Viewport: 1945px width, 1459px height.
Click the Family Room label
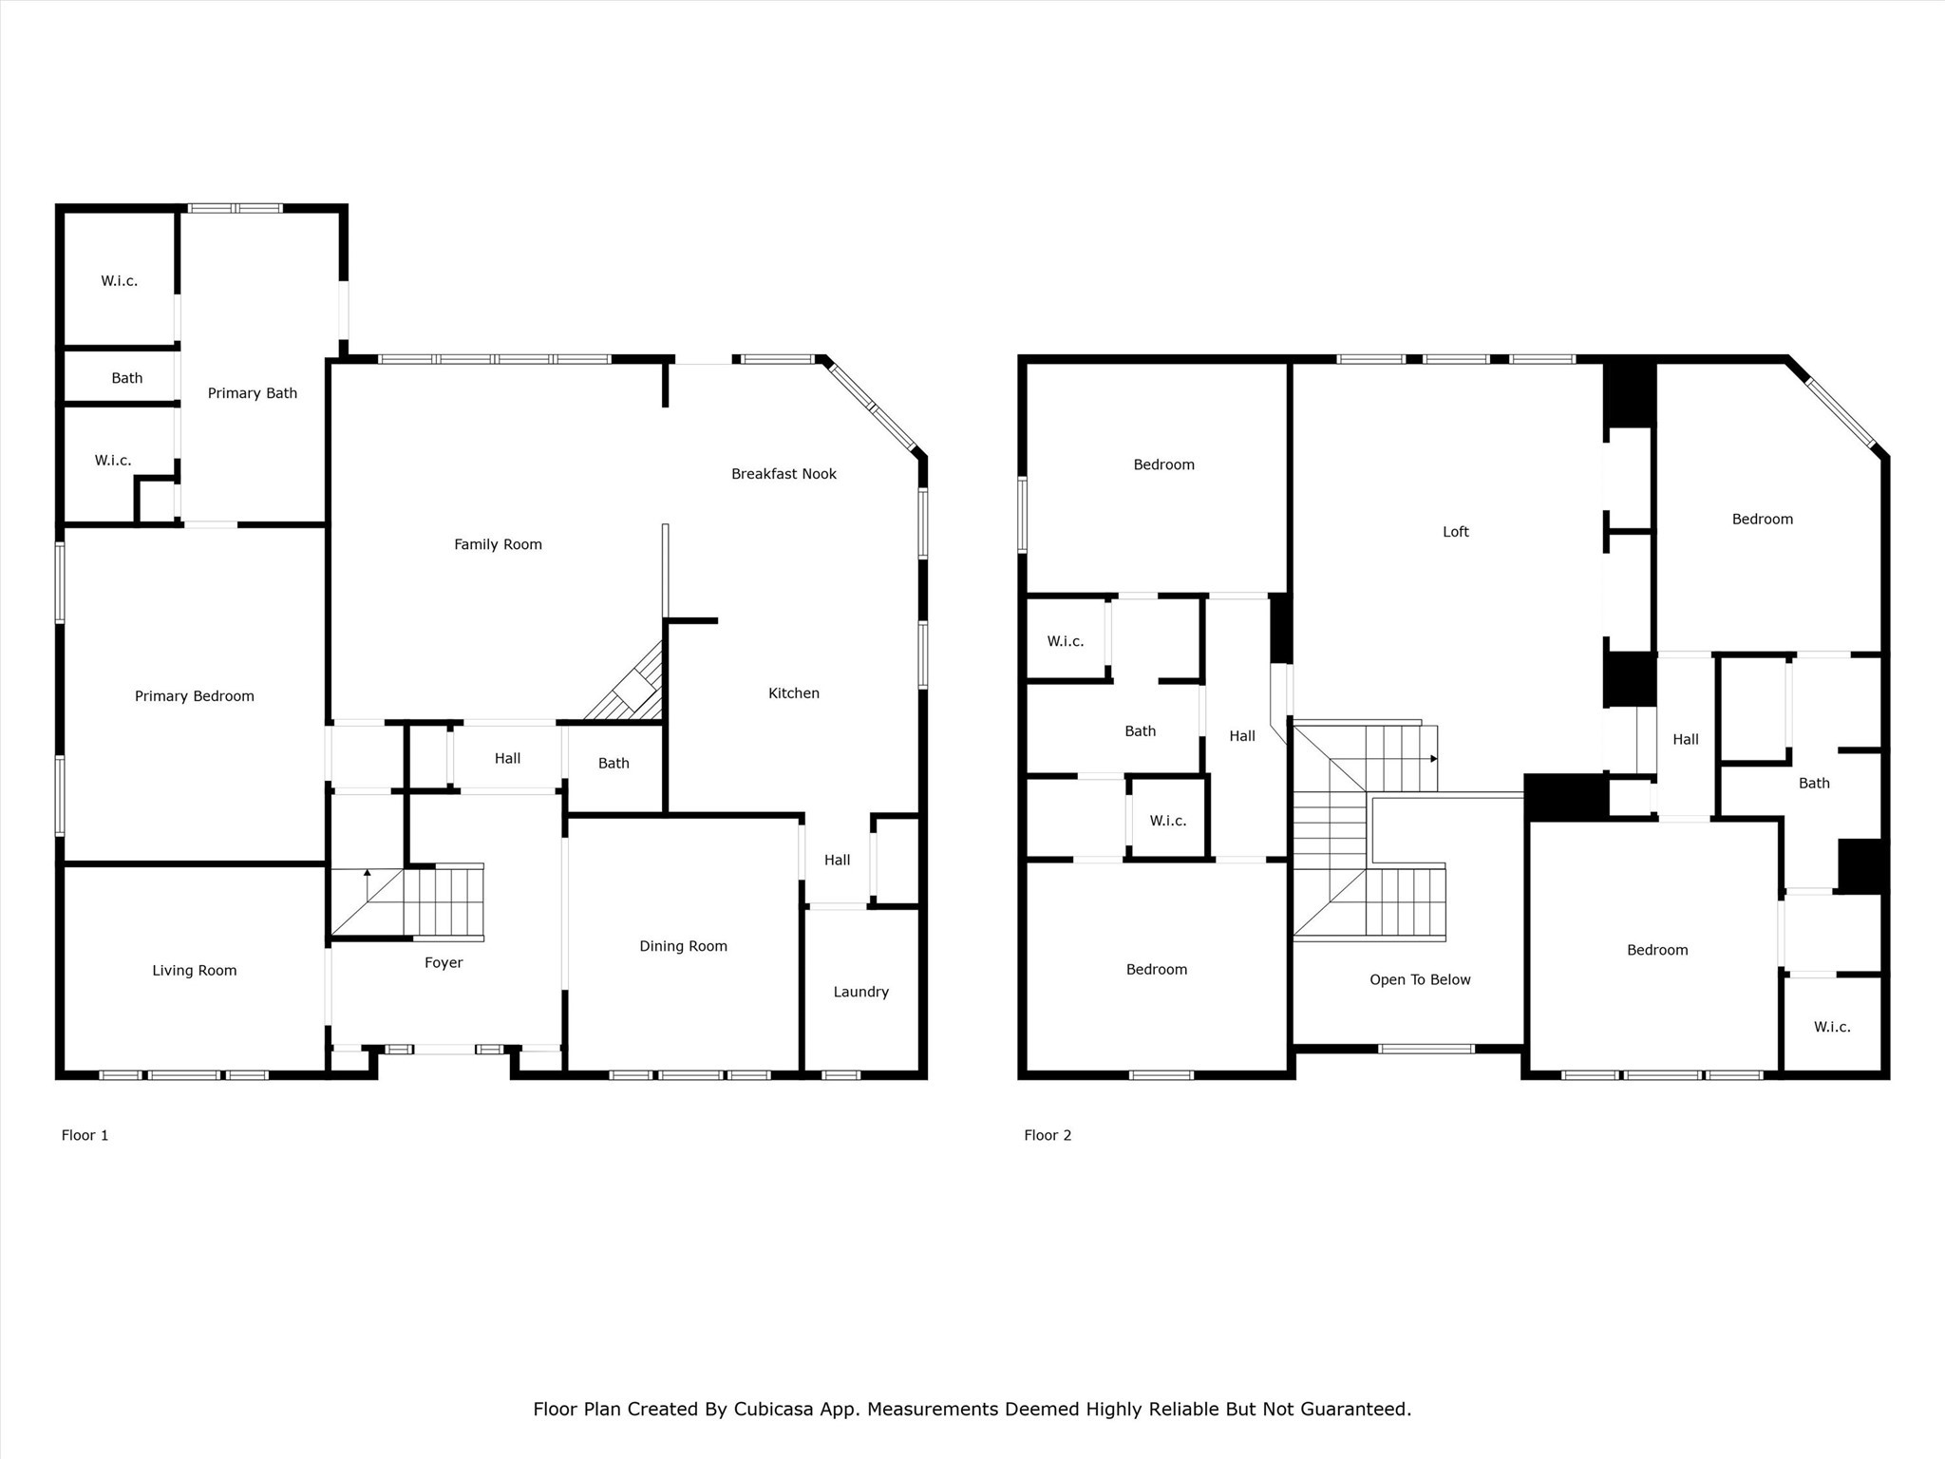498,544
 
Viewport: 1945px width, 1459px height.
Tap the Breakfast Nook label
784,474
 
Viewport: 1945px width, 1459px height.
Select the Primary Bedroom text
195,696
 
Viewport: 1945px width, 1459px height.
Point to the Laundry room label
860,992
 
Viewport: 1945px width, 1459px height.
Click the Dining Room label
683,946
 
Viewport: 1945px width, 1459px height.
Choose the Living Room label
195,970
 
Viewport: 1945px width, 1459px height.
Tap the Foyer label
444,962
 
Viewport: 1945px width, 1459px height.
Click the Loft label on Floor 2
1455,532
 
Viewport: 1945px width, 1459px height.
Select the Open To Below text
1420,979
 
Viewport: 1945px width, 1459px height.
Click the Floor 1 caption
85,1135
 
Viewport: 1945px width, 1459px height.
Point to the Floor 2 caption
1048,1135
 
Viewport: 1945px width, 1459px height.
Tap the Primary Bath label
253,393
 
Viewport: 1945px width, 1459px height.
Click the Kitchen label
793,693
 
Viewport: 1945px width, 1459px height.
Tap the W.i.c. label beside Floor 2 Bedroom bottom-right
1832,1027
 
